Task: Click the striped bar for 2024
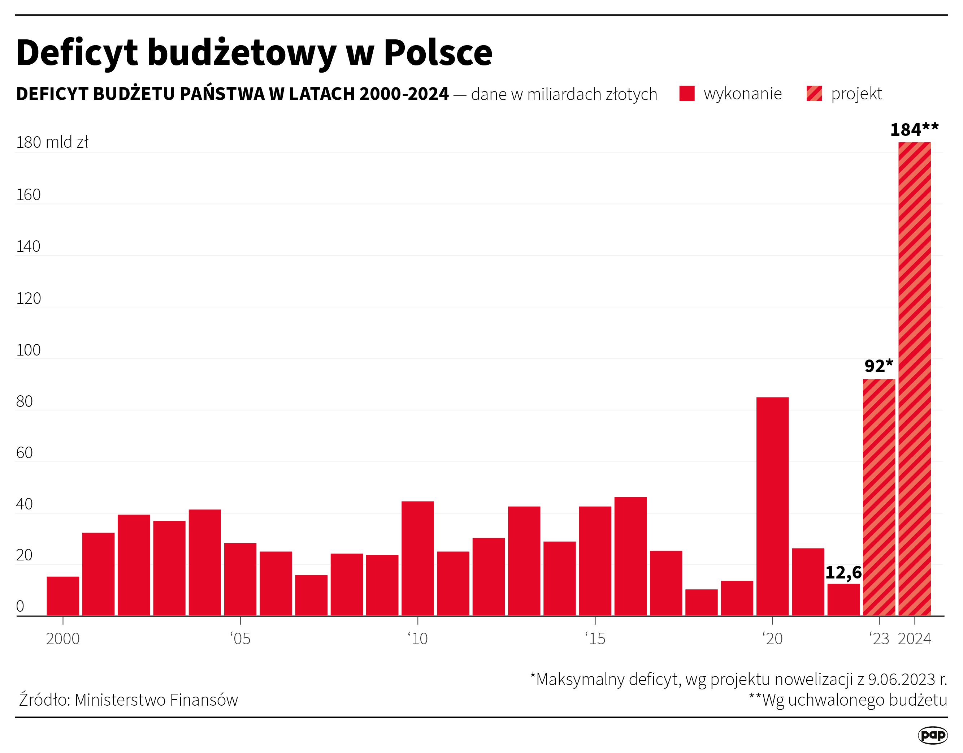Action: pos(915,379)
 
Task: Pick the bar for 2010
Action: pos(417,559)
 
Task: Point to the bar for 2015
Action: pos(595,561)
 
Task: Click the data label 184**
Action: pos(914,130)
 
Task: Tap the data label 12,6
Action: pos(843,573)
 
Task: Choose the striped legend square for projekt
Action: pos(814,94)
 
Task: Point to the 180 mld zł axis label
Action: pos(52,142)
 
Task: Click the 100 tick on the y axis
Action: pos(28,350)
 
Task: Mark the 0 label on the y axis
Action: pos(20,607)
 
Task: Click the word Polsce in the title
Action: pos(438,53)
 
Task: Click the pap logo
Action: pos(933,735)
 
